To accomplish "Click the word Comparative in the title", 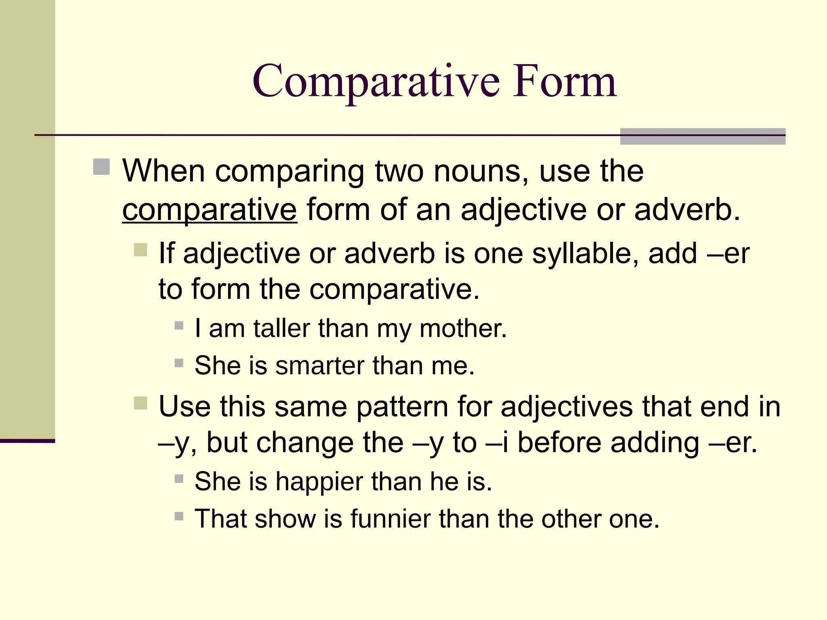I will (x=376, y=82).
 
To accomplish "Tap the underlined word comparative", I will (x=210, y=210).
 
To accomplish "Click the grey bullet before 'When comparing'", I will (x=101, y=167).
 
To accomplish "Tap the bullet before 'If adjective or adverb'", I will (x=140, y=249).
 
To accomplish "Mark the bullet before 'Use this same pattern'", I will (x=140, y=403).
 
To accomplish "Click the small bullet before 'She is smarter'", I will (x=179, y=363).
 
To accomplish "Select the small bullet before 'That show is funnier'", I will (x=179, y=516).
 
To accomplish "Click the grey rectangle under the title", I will (x=702, y=136).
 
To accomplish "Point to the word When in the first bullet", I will (x=164, y=171).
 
